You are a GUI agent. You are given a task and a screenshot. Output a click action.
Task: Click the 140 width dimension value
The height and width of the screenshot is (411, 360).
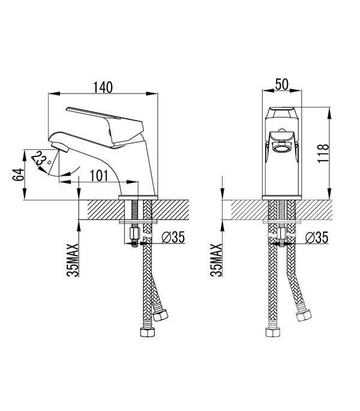click(x=103, y=87)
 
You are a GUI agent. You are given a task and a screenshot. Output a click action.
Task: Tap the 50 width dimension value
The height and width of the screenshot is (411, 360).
click(x=282, y=85)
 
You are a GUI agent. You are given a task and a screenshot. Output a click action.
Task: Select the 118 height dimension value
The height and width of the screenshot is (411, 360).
click(x=323, y=154)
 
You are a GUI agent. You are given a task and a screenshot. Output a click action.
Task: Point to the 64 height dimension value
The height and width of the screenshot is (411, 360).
click(x=18, y=175)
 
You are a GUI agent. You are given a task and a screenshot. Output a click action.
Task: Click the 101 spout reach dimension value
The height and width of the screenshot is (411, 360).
click(x=99, y=176)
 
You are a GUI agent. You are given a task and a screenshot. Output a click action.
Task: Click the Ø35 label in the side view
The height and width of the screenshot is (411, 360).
click(x=173, y=237)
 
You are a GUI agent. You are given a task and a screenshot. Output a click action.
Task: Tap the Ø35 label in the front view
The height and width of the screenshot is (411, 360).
click(x=316, y=238)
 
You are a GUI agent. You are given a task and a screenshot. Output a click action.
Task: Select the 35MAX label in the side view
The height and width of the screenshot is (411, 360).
click(x=73, y=260)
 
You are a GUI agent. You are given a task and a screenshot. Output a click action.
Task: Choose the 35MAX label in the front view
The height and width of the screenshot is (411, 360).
click(x=217, y=260)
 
